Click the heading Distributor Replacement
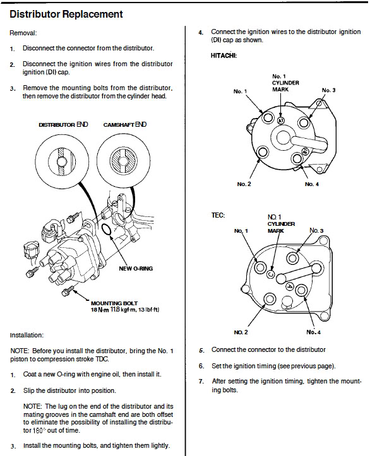[x=66, y=15]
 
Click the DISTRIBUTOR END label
[x=63, y=124]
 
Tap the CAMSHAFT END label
[x=125, y=124]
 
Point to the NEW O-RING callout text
[x=136, y=269]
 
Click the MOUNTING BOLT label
[x=114, y=303]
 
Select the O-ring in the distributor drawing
[x=107, y=230]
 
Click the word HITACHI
[x=224, y=56]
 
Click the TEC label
[x=218, y=215]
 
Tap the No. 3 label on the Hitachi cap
[x=329, y=90]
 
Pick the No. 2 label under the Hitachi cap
[x=244, y=184]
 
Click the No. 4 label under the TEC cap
[x=314, y=332]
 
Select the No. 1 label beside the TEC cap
[x=241, y=231]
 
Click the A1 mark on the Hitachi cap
[x=280, y=120]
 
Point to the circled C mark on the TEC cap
[x=270, y=274]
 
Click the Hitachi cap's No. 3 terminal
[x=304, y=122]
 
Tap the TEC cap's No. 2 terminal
[x=270, y=299]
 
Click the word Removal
[x=23, y=33]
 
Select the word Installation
[x=27, y=335]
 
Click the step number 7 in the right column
[x=201, y=381]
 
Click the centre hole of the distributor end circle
[x=62, y=161]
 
